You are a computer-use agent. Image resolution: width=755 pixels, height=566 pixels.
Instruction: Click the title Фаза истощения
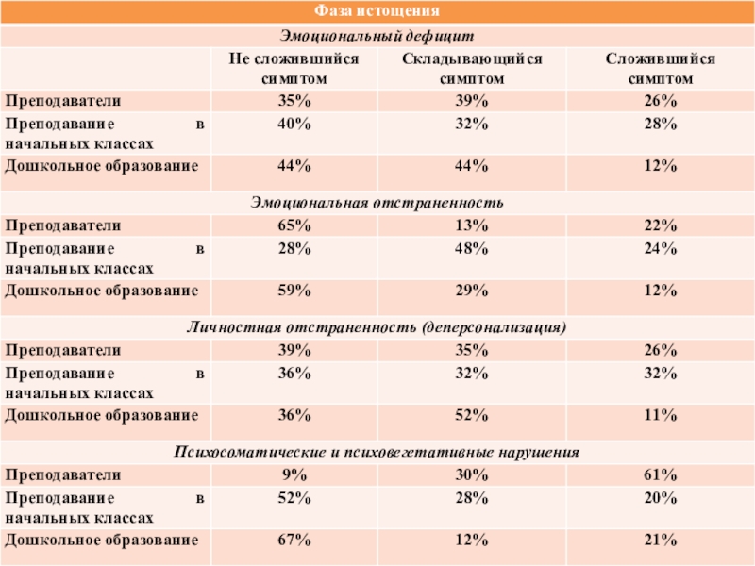(x=377, y=12)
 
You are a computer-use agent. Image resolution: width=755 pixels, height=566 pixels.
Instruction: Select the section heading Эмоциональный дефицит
(x=377, y=36)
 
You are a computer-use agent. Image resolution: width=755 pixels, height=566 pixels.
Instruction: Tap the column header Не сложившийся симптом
(x=294, y=68)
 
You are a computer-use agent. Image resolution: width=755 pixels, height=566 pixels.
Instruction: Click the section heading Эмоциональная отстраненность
(x=377, y=203)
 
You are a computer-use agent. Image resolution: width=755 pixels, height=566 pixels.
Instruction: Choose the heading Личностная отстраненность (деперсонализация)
(x=377, y=327)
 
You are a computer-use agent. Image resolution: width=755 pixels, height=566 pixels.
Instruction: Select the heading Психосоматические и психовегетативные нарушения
(x=377, y=453)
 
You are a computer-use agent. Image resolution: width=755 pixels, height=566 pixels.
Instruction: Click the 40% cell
(x=294, y=124)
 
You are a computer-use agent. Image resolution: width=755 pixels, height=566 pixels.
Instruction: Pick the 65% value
(x=294, y=225)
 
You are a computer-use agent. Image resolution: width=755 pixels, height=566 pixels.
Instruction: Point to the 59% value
(x=294, y=290)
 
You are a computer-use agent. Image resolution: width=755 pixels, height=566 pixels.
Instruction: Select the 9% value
(x=294, y=474)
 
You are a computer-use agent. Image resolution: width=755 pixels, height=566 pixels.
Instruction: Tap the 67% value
(x=294, y=540)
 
